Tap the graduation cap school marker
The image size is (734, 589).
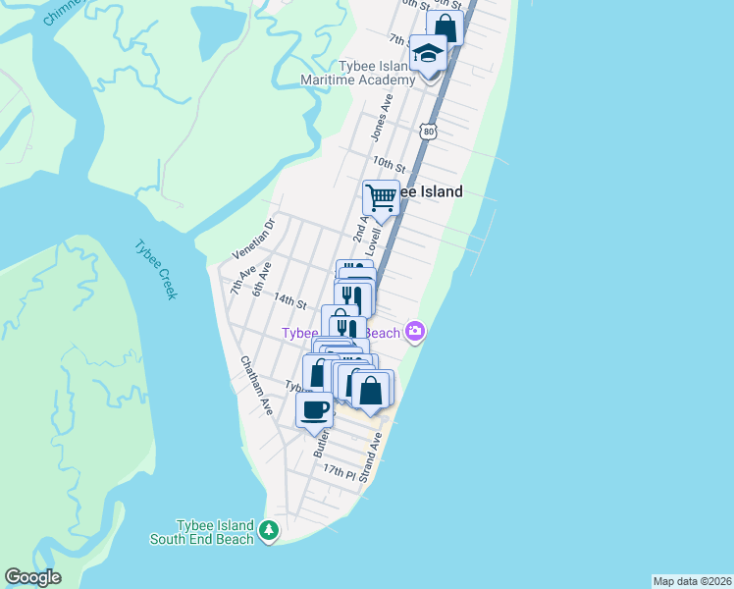point(428,52)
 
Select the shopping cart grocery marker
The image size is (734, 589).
point(381,197)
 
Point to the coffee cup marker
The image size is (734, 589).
point(314,408)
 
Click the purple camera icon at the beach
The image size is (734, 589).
point(416,332)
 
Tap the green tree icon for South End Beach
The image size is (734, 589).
point(269,532)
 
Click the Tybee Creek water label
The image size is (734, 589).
point(153,269)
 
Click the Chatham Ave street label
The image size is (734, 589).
point(257,384)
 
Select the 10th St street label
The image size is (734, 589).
point(389,163)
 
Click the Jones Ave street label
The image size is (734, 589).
point(380,116)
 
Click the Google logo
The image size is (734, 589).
point(32,577)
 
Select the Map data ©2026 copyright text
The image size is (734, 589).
point(692,581)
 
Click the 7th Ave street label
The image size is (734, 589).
point(241,279)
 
